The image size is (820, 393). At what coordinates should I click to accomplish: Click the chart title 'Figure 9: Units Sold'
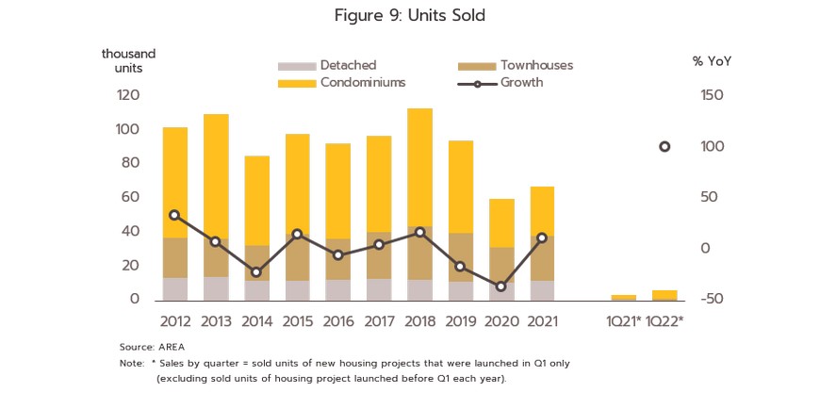409,16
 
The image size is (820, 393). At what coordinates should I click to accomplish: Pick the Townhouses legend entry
536,65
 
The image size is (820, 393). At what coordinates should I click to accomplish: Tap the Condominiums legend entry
362,82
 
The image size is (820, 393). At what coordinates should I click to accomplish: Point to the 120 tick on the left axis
128,95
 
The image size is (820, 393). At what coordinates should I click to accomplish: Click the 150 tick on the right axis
713,95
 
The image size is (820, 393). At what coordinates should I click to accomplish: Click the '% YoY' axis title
712,61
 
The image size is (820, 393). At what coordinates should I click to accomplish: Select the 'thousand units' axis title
128,60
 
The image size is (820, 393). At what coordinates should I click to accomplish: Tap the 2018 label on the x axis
419,321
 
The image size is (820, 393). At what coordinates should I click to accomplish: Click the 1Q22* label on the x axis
664,321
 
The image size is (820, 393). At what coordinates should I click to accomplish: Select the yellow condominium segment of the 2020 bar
501,222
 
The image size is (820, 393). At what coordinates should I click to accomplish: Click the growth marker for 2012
175,215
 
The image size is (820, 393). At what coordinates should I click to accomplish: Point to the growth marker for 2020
501,287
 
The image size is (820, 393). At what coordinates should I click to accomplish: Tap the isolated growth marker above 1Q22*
664,147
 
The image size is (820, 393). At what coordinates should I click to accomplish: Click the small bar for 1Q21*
624,297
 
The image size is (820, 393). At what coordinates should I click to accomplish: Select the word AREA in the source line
172,347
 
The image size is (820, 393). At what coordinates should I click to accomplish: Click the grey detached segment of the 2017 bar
379,289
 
